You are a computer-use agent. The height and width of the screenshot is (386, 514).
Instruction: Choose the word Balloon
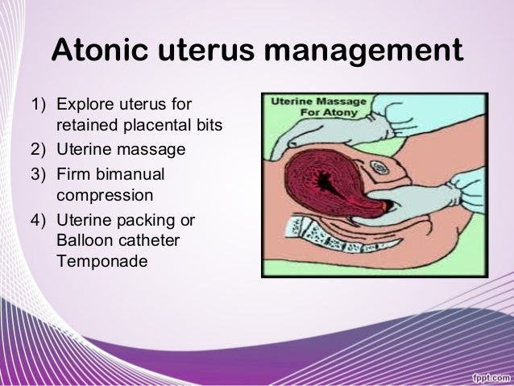84,241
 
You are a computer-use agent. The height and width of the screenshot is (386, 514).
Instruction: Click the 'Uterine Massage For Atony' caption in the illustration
317,108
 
